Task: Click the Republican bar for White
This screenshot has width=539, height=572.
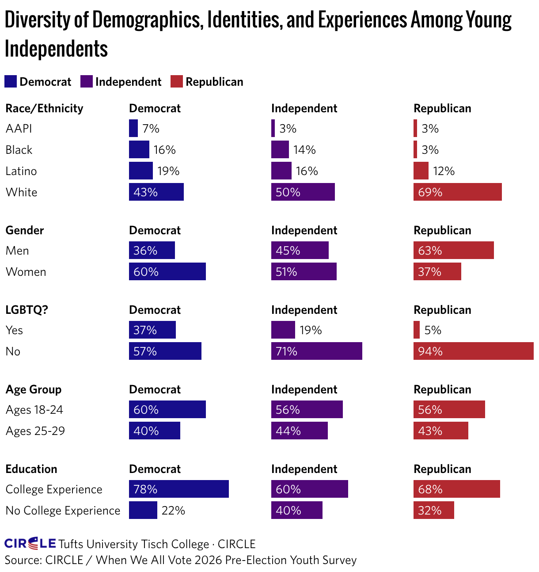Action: click(457, 192)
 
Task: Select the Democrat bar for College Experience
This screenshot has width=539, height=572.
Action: click(179, 489)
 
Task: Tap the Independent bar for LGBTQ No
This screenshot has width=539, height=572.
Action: click(316, 351)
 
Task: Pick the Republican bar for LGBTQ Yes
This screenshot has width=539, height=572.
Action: click(416, 329)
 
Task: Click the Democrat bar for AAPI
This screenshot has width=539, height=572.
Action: click(133, 128)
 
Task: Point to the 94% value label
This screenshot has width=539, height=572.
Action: click(430, 351)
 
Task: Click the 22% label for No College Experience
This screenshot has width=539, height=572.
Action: click(173, 511)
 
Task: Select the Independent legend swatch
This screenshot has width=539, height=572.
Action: click(87, 81)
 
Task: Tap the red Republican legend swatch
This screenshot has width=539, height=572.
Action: click(176, 81)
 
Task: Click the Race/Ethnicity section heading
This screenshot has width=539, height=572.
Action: click(44, 109)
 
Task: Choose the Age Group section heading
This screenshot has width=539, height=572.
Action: click(34, 390)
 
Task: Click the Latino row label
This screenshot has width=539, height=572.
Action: click(21, 171)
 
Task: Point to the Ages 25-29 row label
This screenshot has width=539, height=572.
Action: click(35, 431)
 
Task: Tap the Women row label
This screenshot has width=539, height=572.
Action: click(26, 272)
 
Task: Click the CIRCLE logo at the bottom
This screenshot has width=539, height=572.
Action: click(30, 543)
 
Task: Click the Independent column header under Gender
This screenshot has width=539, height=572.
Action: click(304, 230)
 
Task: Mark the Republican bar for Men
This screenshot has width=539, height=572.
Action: click(453, 250)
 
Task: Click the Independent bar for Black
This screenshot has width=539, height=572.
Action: click(280, 149)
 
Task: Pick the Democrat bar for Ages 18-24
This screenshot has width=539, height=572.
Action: click(167, 409)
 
